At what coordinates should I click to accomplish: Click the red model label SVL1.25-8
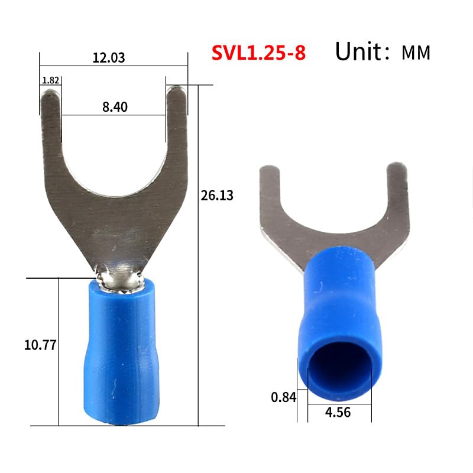258,53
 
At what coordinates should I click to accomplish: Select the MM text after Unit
416,53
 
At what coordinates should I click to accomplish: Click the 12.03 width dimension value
109,58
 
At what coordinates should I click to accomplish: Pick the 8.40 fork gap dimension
115,106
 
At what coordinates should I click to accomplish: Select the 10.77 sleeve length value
40,345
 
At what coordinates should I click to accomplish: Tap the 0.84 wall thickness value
283,397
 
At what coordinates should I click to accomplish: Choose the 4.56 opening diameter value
338,412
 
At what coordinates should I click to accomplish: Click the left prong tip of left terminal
51,95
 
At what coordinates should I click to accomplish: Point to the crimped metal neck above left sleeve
119,277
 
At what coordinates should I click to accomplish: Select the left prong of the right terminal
270,189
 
